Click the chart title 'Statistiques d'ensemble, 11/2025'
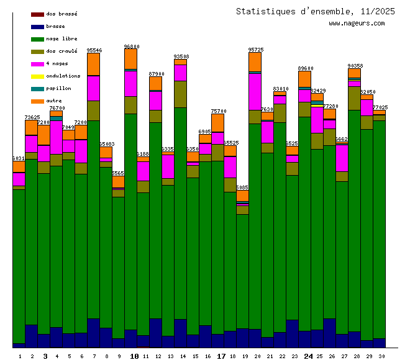point(315,11)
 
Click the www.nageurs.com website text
point(357,24)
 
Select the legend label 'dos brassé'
point(61,14)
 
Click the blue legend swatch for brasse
point(37,27)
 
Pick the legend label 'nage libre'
point(61,38)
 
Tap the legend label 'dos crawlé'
point(61,51)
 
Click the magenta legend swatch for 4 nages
point(37,64)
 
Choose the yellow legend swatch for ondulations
point(37,76)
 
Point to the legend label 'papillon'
point(58,88)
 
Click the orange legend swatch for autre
point(37,101)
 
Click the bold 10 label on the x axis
point(134,356)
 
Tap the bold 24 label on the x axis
point(308,356)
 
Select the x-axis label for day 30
point(381,356)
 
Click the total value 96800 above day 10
point(131,47)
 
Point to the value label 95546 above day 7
point(94,50)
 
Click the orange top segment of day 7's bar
point(93,64)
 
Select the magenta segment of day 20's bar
point(255,92)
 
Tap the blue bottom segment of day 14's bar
point(180,333)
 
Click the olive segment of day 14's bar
point(180,94)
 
